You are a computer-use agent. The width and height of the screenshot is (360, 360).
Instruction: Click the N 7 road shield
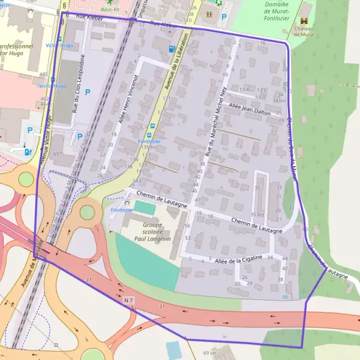click(129, 299)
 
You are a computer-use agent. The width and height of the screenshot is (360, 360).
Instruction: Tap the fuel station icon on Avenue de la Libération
click(172, 49)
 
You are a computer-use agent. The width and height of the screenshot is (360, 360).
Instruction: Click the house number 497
click(57, 154)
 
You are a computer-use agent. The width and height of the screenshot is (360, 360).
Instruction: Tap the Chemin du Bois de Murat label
click(292, 144)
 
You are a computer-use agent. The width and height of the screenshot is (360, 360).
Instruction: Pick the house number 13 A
click(244, 89)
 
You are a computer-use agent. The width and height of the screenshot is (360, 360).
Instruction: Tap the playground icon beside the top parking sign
click(208, 13)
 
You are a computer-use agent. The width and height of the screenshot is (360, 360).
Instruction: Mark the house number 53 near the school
click(188, 238)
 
